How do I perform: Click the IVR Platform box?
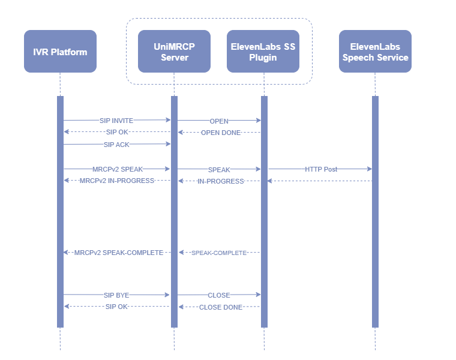[x=60, y=52]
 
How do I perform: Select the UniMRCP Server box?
[x=174, y=52]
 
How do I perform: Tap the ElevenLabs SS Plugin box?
[x=263, y=52]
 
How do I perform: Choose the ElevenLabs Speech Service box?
[x=375, y=52]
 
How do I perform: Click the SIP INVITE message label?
[x=116, y=121]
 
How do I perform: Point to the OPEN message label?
[x=219, y=121]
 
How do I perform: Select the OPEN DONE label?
[x=220, y=133]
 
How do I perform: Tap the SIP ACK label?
[x=116, y=145]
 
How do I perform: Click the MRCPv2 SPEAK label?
[x=118, y=169]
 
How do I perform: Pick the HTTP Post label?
[x=321, y=169]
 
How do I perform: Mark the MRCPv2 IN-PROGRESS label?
[x=117, y=181]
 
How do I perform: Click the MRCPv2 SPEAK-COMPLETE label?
[x=119, y=253]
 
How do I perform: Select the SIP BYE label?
[x=116, y=295]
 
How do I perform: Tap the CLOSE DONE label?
[x=221, y=307]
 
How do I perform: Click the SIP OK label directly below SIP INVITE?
[x=116, y=132]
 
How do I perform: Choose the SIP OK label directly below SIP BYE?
[x=116, y=307]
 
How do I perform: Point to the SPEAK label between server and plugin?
[x=219, y=170]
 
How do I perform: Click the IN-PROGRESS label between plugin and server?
[x=221, y=181]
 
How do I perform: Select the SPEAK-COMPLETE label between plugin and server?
[x=219, y=253]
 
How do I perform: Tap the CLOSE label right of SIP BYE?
[x=219, y=295]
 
